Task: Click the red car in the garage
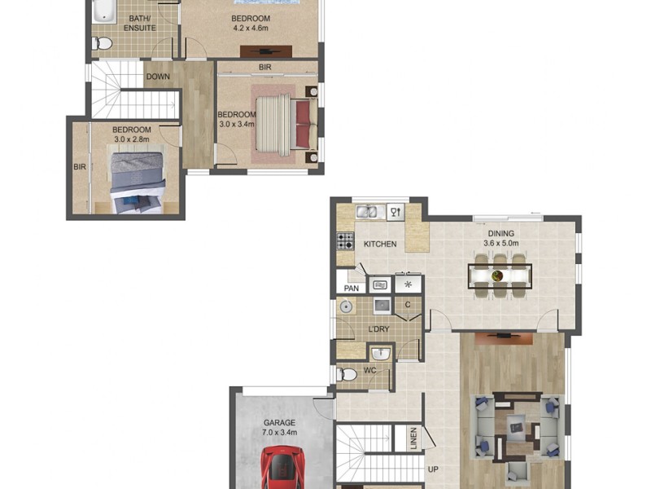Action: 282,469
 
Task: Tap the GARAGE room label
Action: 279,423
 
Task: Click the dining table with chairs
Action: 499,275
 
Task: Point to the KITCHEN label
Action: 380,244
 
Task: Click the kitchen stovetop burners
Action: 345,241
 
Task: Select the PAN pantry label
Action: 352,288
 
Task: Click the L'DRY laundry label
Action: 378,329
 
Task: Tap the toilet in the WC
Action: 347,374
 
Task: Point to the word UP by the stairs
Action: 433,470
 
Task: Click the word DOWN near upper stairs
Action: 158,77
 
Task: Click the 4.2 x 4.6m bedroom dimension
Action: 251,29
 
